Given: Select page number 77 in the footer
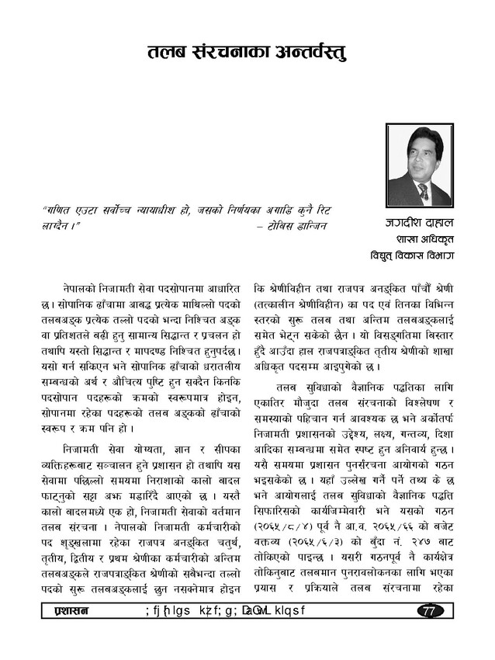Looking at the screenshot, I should point(430,611).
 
